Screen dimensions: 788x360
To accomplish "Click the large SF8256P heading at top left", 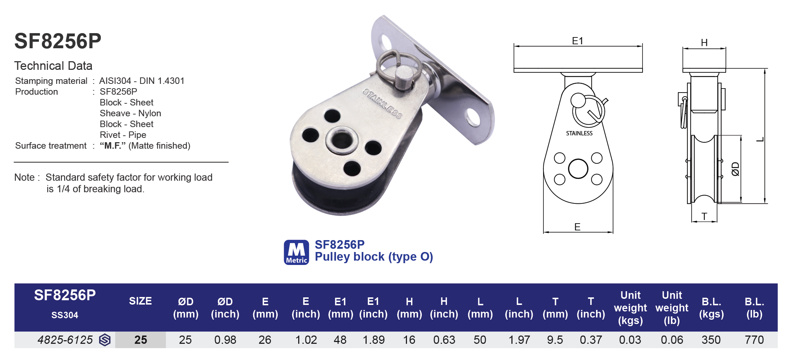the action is [58, 41].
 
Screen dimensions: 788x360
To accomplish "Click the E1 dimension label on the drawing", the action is [577, 41].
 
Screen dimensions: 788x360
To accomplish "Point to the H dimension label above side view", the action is [704, 42].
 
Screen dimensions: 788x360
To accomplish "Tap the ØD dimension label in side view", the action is [735, 169].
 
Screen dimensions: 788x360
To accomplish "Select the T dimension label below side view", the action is [704, 216].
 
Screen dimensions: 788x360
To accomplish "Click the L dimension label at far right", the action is [760, 140].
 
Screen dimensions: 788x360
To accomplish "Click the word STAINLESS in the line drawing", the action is [579, 133].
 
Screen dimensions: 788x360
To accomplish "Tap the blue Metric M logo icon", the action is [296, 252].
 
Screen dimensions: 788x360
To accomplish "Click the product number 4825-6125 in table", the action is [65, 340].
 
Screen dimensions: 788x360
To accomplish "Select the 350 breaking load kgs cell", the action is [711, 340].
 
